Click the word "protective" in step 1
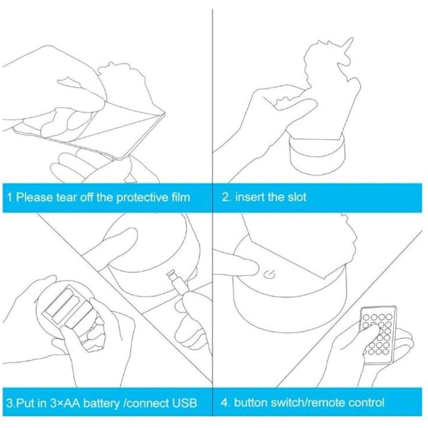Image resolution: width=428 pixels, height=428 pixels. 142,198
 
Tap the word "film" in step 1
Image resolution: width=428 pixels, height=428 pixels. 180,197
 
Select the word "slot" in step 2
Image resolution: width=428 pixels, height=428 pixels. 297,197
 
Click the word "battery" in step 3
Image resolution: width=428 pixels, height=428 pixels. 101,403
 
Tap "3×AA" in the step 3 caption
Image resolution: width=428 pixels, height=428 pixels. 65,403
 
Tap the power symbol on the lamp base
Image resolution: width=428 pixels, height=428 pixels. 270,275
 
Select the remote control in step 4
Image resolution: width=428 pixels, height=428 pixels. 379,335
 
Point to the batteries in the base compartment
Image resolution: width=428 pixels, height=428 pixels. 71,308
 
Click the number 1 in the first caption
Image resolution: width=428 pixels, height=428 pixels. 9,198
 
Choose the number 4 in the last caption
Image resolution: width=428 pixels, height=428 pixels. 225,402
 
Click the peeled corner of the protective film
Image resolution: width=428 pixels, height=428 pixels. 163,114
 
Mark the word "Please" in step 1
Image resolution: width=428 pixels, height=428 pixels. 34,198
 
